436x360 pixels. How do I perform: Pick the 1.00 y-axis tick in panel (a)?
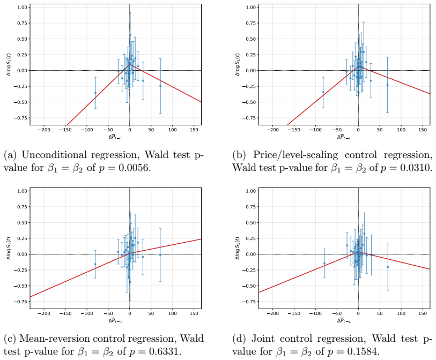(x=22, y=7)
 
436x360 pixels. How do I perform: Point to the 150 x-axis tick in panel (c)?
(x=194, y=313)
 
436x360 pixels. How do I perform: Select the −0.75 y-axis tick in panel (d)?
(x=249, y=302)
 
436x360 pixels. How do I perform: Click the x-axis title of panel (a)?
(x=115, y=137)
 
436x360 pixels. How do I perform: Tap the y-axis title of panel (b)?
(x=237, y=64)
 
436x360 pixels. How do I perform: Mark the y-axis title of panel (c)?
(x=9, y=249)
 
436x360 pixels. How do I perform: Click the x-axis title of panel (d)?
(x=344, y=320)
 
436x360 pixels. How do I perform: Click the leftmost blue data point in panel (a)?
(x=95, y=93)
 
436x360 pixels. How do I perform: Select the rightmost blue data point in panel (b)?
(x=387, y=85)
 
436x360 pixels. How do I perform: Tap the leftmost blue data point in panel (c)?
(x=95, y=264)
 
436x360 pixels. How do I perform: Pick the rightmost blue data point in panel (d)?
(x=388, y=267)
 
